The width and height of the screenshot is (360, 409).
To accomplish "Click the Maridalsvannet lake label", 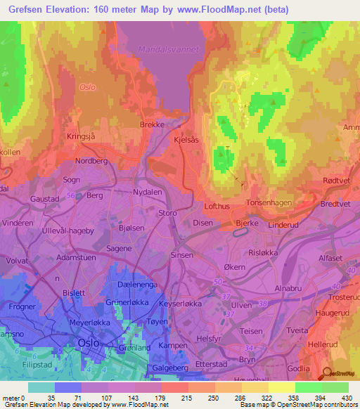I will pyautogui.click(x=169, y=50).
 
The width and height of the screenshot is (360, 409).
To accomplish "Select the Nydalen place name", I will pyautogui.click(x=147, y=191).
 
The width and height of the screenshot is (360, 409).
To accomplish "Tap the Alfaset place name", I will pyautogui.click(x=330, y=258).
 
